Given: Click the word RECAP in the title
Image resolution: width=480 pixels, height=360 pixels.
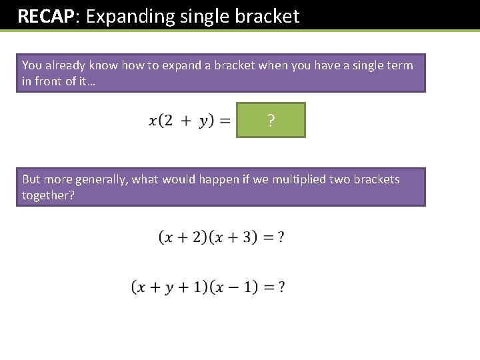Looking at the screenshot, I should (x=44, y=16).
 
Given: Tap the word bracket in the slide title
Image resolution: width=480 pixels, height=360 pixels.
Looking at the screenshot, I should (x=268, y=16).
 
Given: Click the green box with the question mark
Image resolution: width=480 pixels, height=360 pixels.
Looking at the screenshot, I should (x=271, y=120).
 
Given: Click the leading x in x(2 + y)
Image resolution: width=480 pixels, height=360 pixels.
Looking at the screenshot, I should (x=153, y=121).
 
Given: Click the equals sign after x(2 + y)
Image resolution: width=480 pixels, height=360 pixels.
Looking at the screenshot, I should (x=225, y=121).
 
